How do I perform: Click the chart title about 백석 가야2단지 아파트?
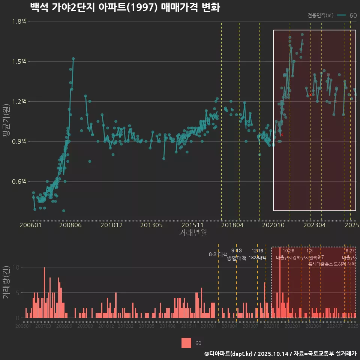(124, 7)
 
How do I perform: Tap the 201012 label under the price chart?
(111, 225)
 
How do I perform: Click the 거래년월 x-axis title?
(193, 233)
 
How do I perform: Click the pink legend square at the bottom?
(186, 343)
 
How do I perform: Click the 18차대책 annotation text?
(257, 258)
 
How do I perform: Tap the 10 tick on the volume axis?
(16, 267)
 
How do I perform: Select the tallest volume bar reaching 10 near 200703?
(44, 292)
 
